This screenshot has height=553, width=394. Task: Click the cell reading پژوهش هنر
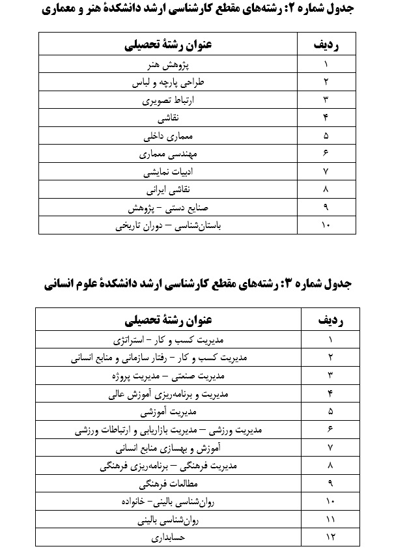click(168, 65)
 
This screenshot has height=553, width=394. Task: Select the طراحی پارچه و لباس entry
click(168, 83)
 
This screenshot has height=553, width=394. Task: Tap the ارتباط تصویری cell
click(168, 101)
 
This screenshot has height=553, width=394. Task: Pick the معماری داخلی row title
click(168, 137)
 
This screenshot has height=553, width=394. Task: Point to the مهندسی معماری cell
click(168, 155)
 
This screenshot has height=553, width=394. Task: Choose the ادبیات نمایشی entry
click(168, 173)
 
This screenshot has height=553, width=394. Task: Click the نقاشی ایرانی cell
click(168, 191)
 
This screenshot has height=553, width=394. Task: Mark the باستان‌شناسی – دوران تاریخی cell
click(168, 227)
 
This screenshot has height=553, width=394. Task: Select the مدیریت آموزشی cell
click(168, 412)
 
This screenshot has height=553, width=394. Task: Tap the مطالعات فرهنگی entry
click(168, 485)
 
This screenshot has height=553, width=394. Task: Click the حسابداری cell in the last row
click(168, 539)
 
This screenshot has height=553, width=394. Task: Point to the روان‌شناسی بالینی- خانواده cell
click(168, 502)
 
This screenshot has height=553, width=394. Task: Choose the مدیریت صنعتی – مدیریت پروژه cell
click(168, 376)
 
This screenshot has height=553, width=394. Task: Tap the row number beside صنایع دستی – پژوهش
click(326, 208)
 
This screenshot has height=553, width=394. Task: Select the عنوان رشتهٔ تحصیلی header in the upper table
click(168, 46)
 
